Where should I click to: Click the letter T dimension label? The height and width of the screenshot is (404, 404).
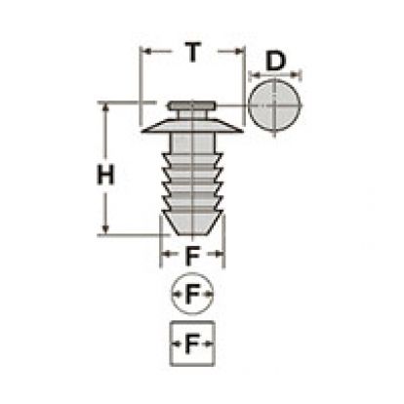pyautogui.click(x=193, y=52)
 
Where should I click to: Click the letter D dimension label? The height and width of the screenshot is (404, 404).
pyautogui.click(x=275, y=61)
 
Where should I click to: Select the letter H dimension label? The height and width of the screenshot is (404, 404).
pyautogui.click(x=105, y=175)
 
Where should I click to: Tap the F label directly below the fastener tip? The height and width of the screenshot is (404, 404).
pyautogui.click(x=192, y=256)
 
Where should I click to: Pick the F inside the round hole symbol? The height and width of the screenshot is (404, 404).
pyautogui.click(x=192, y=294)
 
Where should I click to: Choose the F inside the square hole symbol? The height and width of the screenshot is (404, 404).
pyautogui.click(x=192, y=343)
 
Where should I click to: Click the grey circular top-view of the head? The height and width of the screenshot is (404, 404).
pyautogui.click(x=274, y=105)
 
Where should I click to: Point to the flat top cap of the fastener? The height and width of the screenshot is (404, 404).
pyautogui.click(x=191, y=105)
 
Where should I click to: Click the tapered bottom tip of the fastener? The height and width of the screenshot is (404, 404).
pyautogui.click(x=192, y=222)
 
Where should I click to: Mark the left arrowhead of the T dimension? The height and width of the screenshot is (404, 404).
pyautogui.click(x=146, y=51)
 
